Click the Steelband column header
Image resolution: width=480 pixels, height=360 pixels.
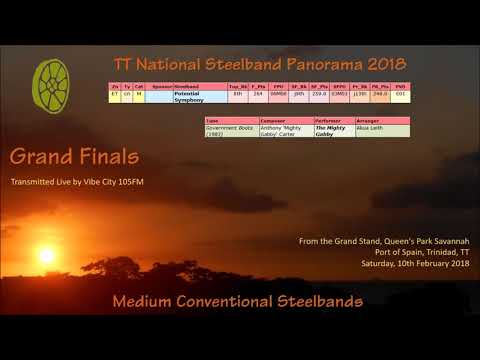coord(189,87)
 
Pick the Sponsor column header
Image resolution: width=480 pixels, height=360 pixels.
coord(161,87)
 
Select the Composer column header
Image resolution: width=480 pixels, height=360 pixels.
coord(273,120)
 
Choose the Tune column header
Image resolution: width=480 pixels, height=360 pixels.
coord(212,120)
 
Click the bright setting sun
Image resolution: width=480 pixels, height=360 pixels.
coord(46,256)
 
